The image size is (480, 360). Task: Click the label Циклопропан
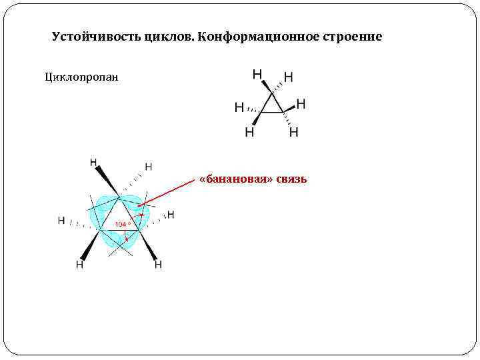click(x=81, y=77)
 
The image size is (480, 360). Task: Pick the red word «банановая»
click(x=237, y=179)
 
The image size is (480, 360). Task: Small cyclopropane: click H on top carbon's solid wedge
click(x=257, y=73)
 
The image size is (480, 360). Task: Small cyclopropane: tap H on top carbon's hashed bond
click(x=288, y=77)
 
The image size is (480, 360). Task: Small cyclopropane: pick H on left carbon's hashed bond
click(x=239, y=107)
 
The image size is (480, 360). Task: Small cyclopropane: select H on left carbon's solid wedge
click(x=249, y=132)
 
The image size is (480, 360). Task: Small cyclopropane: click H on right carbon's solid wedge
click(x=301, y=103)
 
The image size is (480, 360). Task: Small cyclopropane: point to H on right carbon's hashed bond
click(x=293, y=132)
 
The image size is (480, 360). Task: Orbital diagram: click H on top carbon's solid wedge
click(x=93, y=162)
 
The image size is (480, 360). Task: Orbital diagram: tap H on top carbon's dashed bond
click(x=148, y=166)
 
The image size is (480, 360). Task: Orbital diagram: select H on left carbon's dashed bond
click(x=61, y=220)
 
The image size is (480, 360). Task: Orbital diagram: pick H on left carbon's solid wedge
click(x=79, y=265)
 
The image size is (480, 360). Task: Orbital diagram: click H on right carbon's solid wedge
click(x=158, y=265)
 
